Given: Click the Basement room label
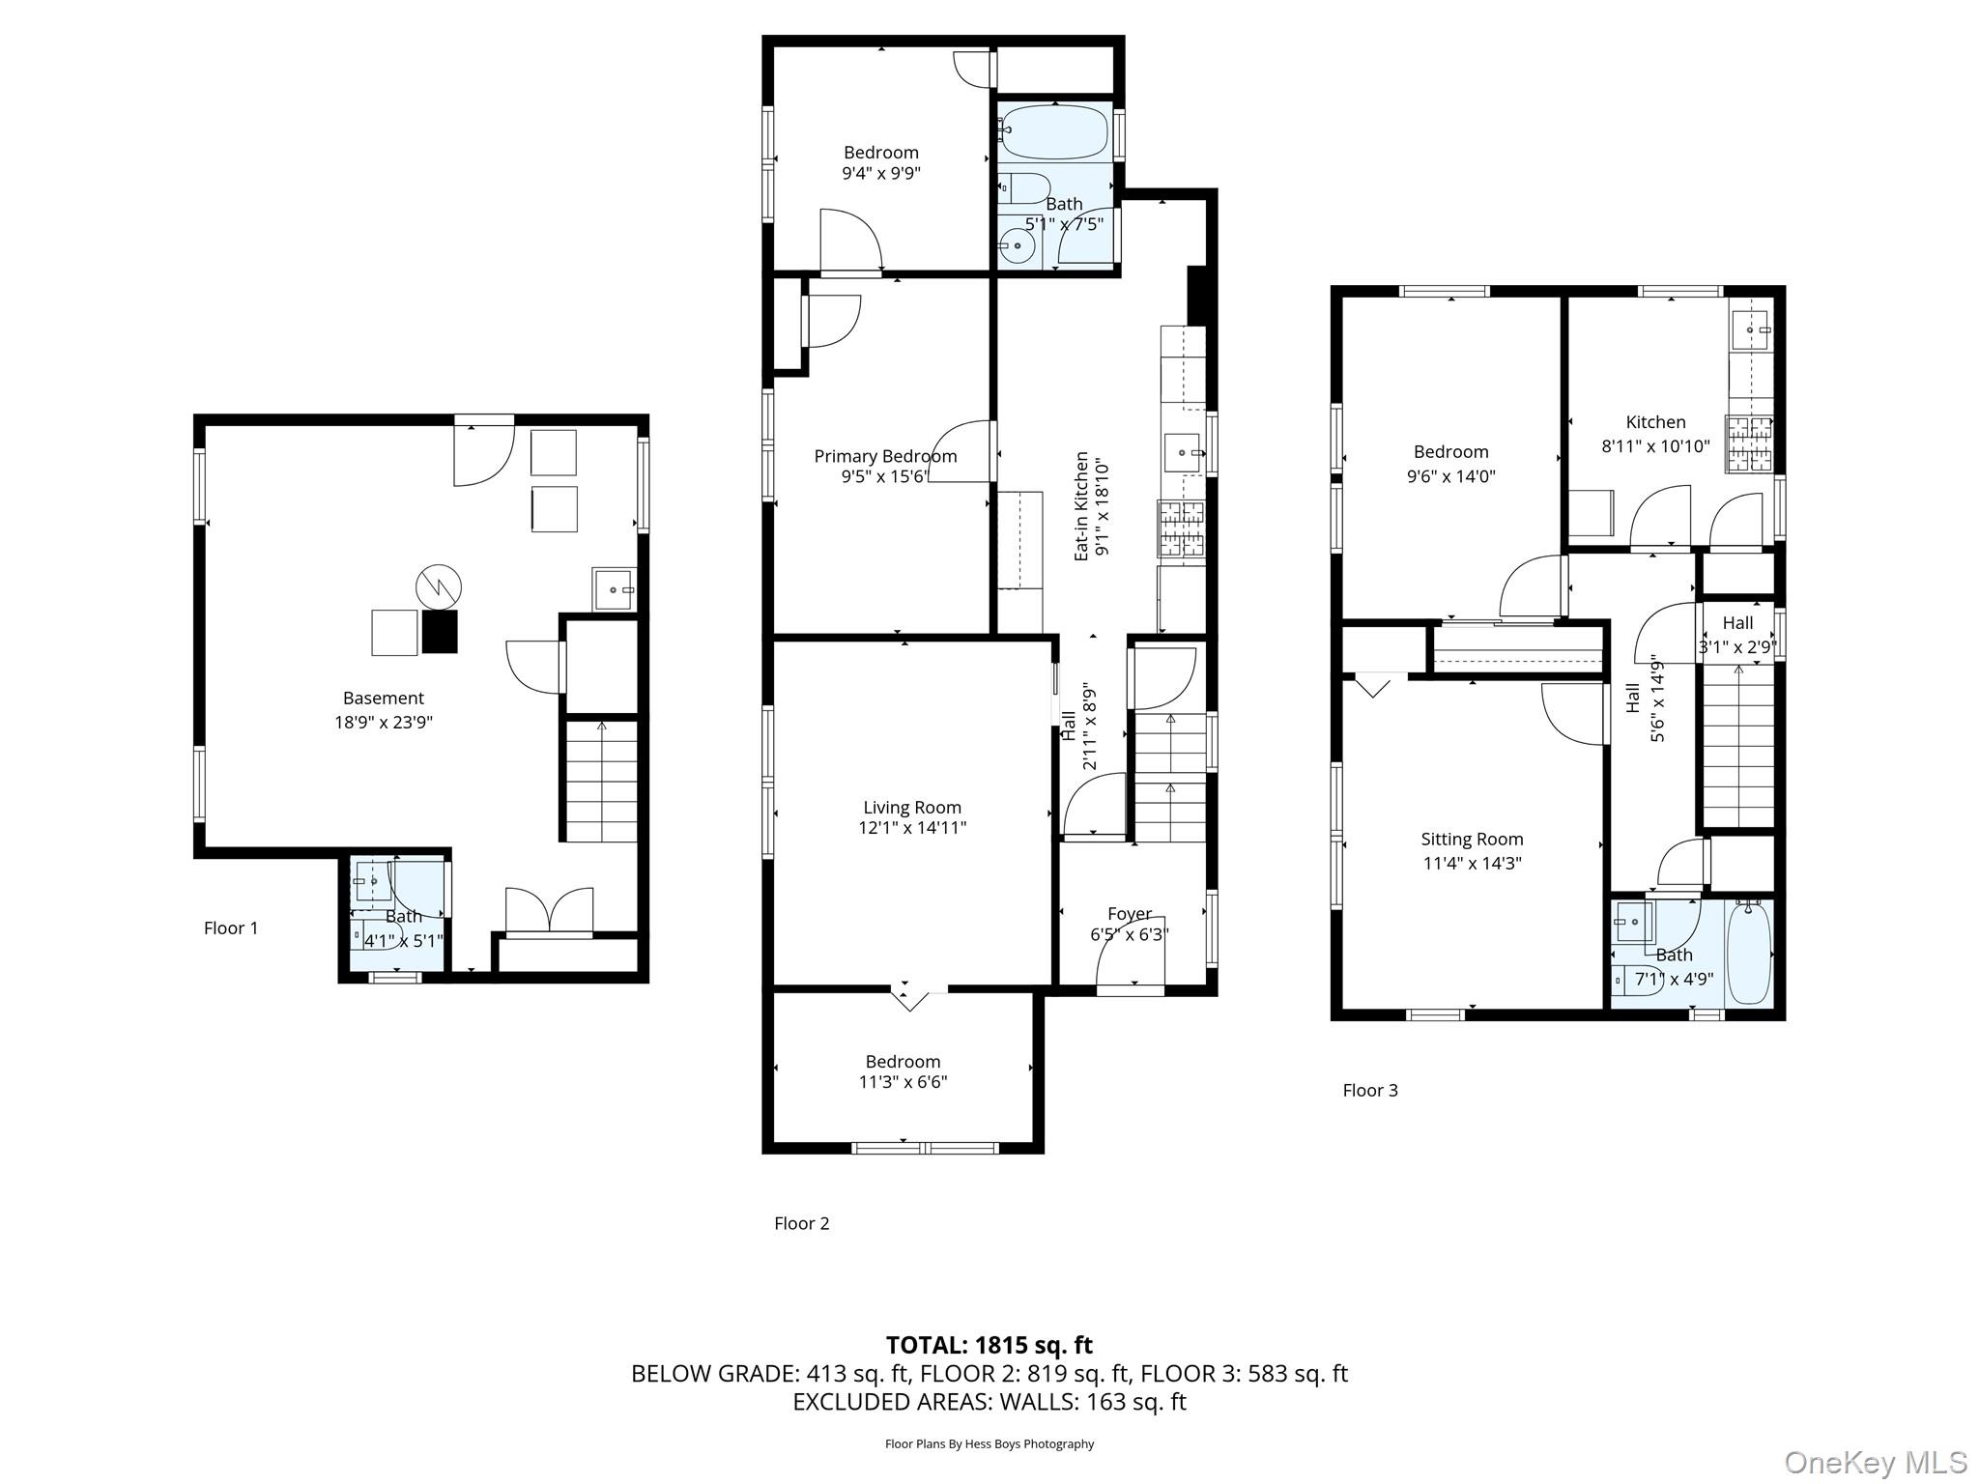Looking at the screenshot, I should click(383, 698).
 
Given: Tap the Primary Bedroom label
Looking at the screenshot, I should click(885, 456).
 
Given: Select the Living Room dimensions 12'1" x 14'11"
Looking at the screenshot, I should click(911, 828).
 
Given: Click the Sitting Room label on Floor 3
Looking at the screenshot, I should click(1471, 840).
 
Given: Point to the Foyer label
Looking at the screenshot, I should click(1129, 913).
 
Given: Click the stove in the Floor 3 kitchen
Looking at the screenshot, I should click(1750, 443).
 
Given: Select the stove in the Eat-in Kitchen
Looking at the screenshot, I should click(1181, 528).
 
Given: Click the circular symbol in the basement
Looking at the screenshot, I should click(439, 586).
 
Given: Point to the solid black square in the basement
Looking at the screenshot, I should click(439, 632).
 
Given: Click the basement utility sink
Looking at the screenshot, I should click(614, 588).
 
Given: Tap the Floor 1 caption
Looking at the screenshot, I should click(231, 928).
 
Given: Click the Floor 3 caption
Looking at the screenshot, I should click(1369, 1091).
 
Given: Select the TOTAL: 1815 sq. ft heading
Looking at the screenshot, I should click(989, 1345).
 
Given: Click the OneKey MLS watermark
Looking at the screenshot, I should click(1875, 1462).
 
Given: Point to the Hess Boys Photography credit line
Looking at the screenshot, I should click(989, 1444).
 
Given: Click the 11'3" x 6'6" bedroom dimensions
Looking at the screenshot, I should click(903, 1082).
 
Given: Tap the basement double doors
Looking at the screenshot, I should click(549, 910).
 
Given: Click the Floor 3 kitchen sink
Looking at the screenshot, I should click(1750, 330).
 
